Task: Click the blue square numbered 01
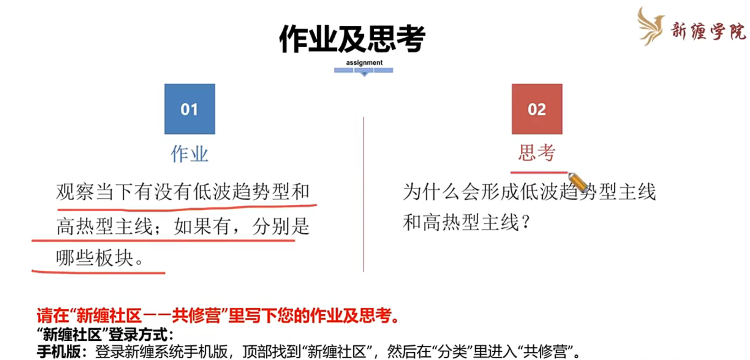190,109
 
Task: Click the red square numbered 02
537,109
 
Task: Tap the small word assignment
364,63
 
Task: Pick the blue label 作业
190,153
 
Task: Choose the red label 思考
537,153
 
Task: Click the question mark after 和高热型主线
526,222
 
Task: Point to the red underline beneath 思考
538,173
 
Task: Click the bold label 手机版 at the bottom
58,351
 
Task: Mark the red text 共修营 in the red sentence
196,316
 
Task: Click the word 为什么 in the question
432,192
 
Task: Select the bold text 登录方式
138,334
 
